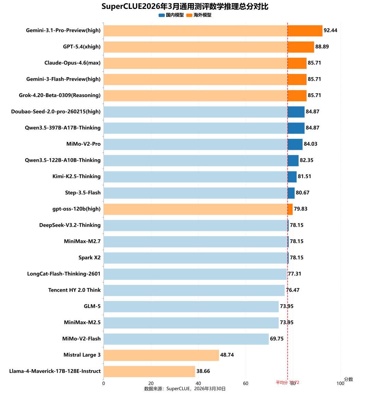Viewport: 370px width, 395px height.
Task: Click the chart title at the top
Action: pyautogui.click(x=185, y=7)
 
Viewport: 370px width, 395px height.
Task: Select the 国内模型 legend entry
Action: pyautogui.click(x=172, y=15)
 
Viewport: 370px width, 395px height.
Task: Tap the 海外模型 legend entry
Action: pyautogui.click(x=199, y=15)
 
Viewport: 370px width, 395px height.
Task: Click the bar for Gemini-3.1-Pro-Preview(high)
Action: pyautogui.click(x=213, y=31)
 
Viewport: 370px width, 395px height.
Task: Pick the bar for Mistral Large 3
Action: pyautogui.click(x=161, y=355)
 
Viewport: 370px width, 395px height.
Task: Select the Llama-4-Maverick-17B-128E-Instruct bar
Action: pyautogui.click(x=149, y=371)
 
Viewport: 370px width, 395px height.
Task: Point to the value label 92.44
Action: pyautogui.click(x=330, y=31)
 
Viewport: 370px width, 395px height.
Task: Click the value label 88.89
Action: pyautogui.click(x=322, y=47)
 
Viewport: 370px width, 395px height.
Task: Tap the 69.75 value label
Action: pyautogui.click(x=277, y=339)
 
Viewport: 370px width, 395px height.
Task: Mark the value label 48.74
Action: pyautogui.click(x=227, y=355)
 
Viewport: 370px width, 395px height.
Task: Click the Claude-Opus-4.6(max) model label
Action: pyautogui.click(x=73, y=63)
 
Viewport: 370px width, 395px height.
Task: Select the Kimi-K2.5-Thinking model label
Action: pyautogui.click(x=76, y=176)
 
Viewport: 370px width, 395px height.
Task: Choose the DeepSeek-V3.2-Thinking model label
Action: pyautogui.click(x=70, y=225)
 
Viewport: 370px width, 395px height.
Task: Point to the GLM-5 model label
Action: pyautogui.click(x=92, y=306)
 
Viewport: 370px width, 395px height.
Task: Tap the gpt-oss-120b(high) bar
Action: pyautogui.click(x=198, y=209)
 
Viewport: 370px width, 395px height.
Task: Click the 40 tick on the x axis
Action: pyautogui.click(x=151, y=383)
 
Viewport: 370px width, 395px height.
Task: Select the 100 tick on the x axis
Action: pyautogui.click(x=340, y=383)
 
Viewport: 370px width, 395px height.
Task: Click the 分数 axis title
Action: pyautogui.click(x=348, y=379)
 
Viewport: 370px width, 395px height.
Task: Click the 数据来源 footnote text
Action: pyautogui.click(x=185, y=388)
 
